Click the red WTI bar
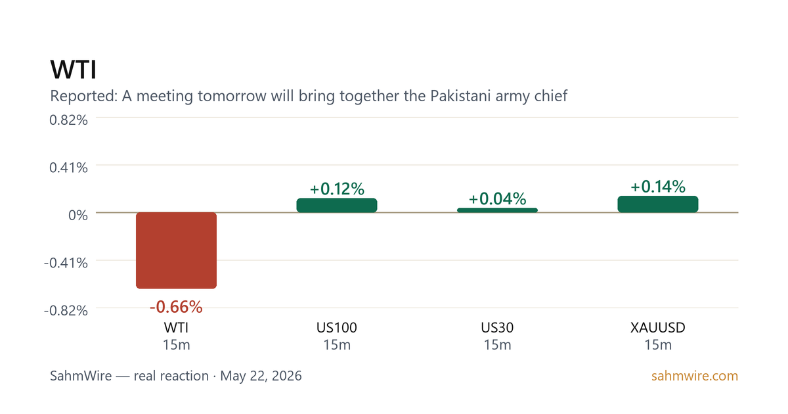(176, 250)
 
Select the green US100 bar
(337, 205)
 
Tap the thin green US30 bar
(498, 210)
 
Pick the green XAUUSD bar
(658, 204)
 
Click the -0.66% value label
(176, 307)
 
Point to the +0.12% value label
(337, 189)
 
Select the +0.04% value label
(498, 199)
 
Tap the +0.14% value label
(658, 187)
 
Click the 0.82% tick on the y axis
(68, 120)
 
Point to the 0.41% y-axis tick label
(68, 168)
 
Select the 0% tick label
(78, 215)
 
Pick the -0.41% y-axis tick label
(66, 263)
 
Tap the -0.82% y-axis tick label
(66, 310)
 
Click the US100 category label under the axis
(337, 328)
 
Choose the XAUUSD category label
(658, 328)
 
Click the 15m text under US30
(498, 345)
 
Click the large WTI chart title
(73, 70)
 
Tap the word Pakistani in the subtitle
(460, 96)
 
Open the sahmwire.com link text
(695, 376)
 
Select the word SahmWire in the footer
(81, 376)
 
